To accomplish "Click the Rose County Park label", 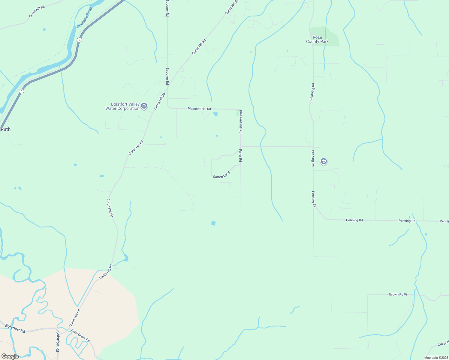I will pyautogui.click(x=317, y=40).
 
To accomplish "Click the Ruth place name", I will pyautogui.click(x=5, y=129).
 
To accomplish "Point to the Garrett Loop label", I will pyautogui.click(x=221, y=175).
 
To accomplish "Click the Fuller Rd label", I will pyautogui.click(x=240, y=156).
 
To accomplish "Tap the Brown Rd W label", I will pyautogui.click(x=398, y=295).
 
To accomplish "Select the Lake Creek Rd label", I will pyautogui.click(x=80, y=336).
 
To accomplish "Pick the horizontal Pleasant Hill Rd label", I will pyautogui.click(x=199, y=109).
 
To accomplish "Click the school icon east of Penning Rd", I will pyautogui.click(x=324, y=161).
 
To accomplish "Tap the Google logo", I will pyautogui.click(x=10, y=356).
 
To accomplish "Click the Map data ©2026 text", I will pyautogui.click(x=435, y=358).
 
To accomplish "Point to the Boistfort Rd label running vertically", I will pyautogui.click(x=58, y=341).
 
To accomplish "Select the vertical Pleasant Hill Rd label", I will pyautogui.click(x=240, y=121).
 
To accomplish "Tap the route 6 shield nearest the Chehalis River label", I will pyautogui.click(x=79, y=40).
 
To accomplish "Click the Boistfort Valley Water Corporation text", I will pyautogui.click(x=122, y=106).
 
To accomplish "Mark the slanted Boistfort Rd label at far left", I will pyautogui.click(x=15, y=328).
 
